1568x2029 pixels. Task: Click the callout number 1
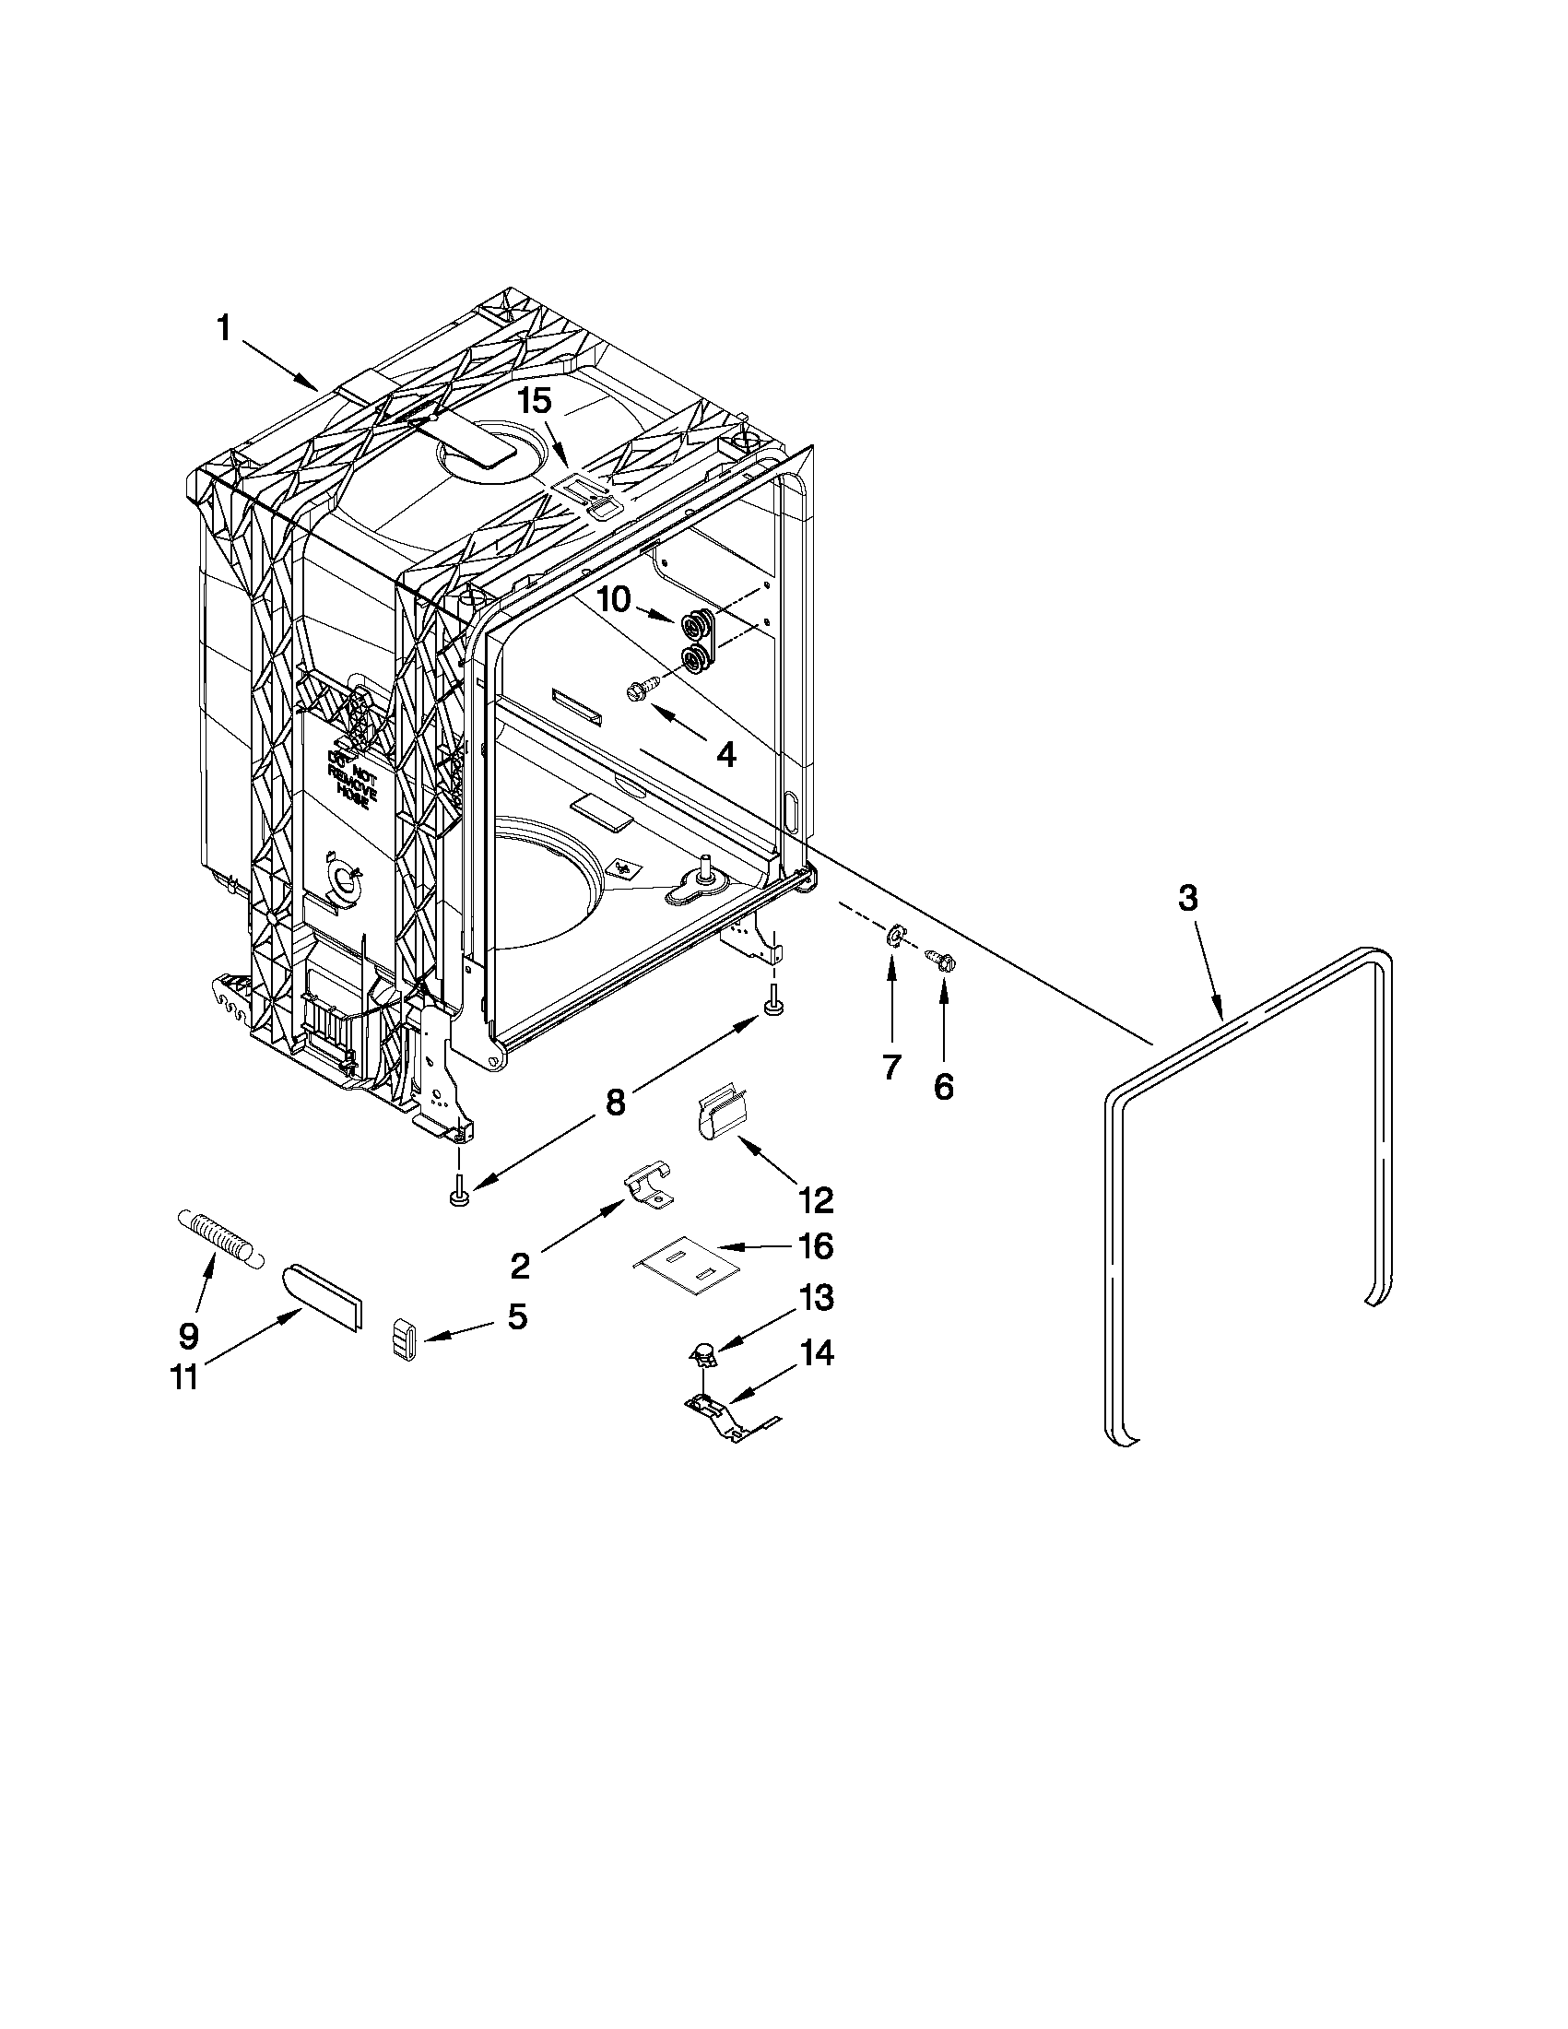223,328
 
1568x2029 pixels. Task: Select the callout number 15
534,401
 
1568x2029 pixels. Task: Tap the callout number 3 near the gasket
1187,899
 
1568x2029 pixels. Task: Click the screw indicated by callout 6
940,960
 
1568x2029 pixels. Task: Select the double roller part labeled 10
700,640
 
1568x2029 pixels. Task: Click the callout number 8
615,1102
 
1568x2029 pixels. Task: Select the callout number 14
816,1353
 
